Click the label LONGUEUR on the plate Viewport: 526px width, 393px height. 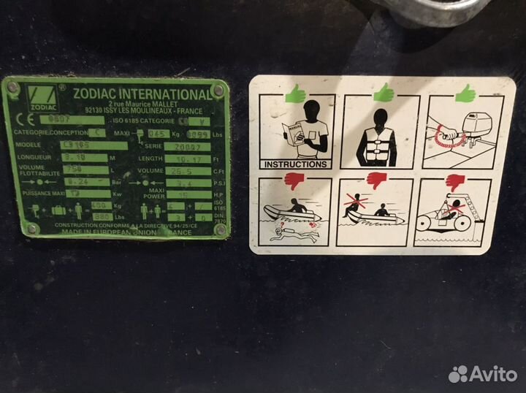point(32,157)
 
